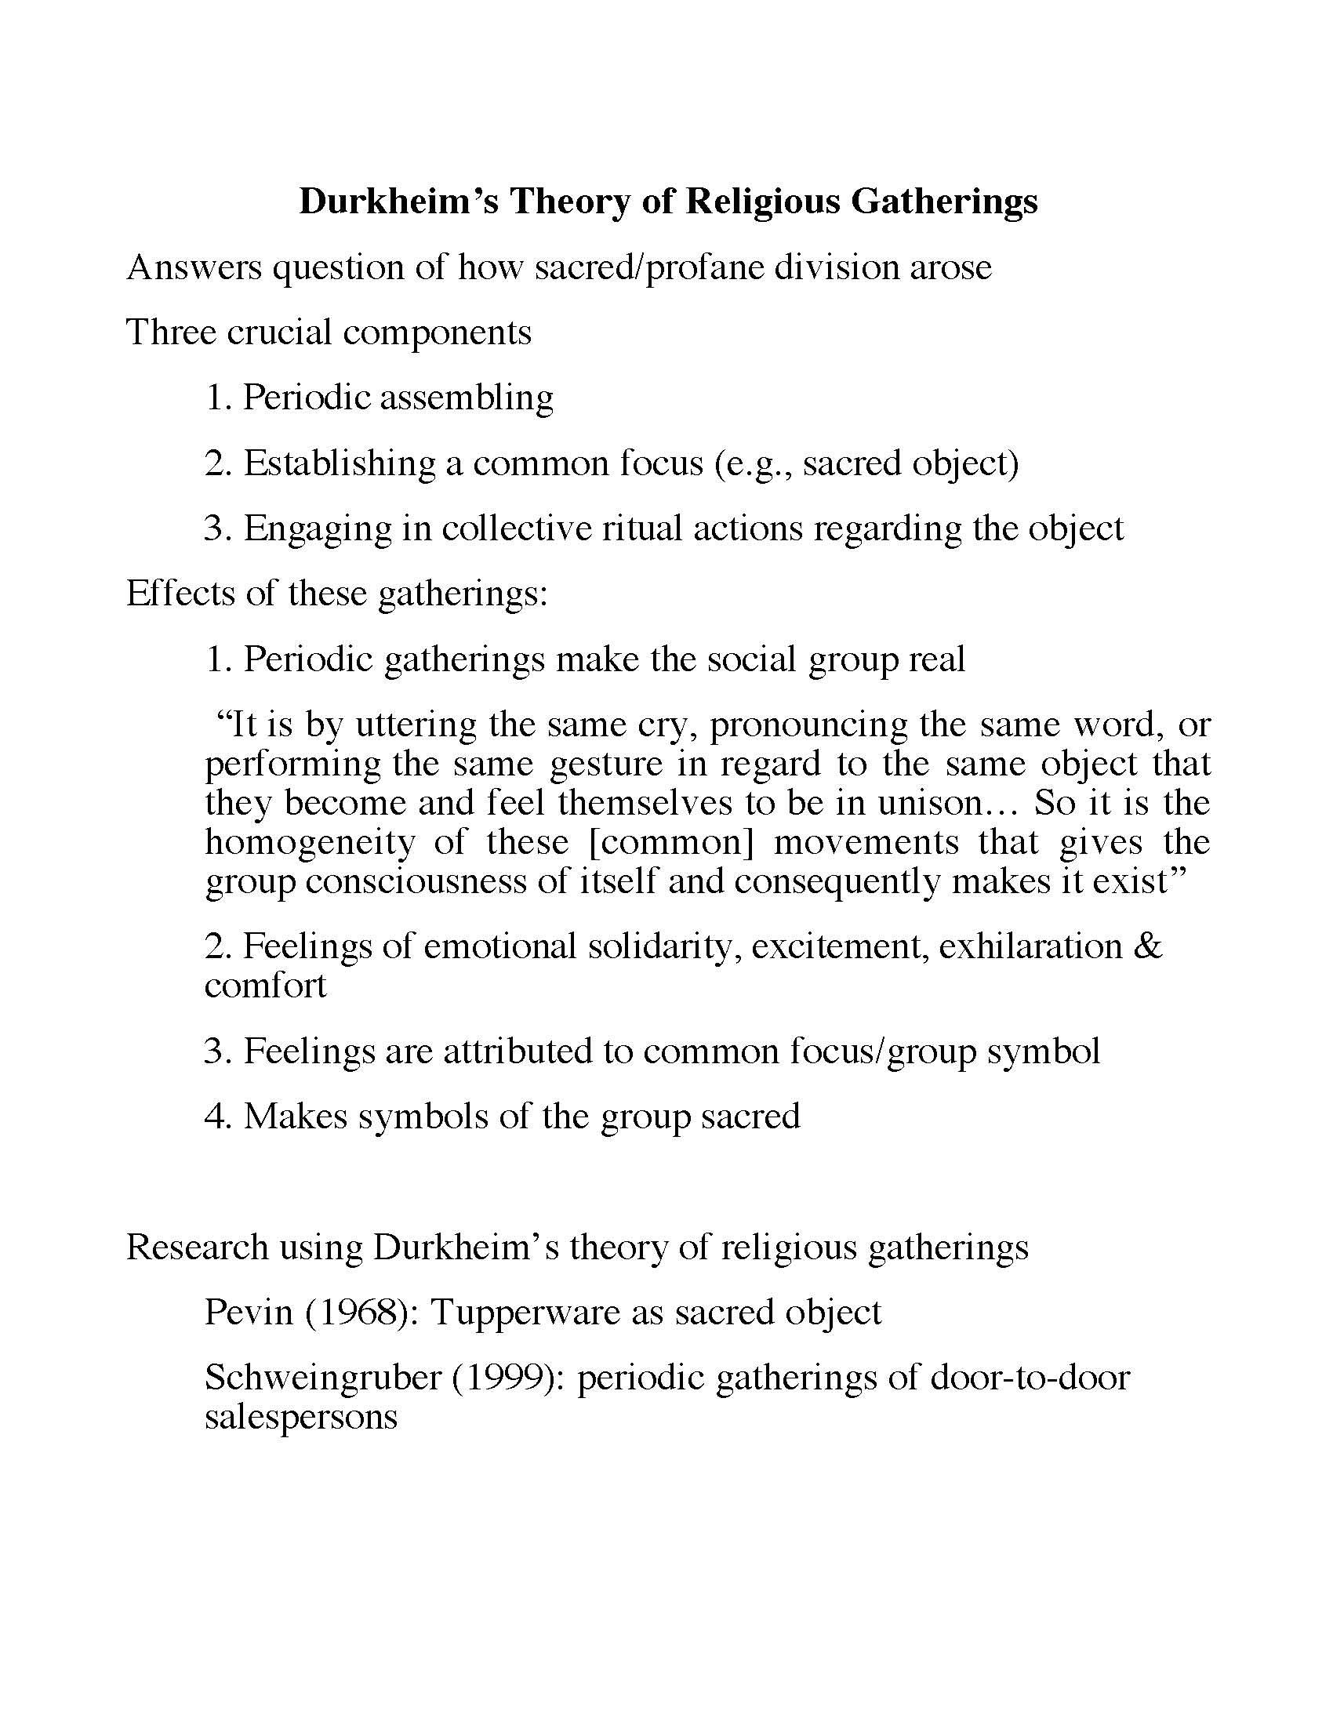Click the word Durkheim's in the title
click(399, 202)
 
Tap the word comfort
click(265, 986)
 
